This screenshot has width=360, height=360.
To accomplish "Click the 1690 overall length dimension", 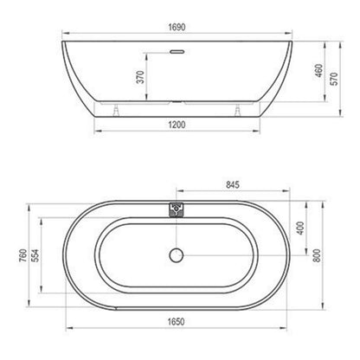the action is tap(177, 27).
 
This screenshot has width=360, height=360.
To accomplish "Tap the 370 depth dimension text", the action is tap(140, 77).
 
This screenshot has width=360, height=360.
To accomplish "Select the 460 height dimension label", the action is tap(319, 71).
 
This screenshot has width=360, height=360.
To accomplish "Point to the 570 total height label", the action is tap(334, 79).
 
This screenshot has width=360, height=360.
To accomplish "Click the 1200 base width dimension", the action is tap(177, 125).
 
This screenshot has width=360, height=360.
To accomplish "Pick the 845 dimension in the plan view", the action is tap(233, 184).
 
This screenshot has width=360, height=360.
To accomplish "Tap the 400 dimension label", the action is tap(300, 228).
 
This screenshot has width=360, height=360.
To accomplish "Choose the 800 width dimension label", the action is tap(317, 255).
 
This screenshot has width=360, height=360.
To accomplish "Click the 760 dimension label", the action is tap(22, 255).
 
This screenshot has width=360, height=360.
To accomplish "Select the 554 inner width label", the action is tap(35, 255).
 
